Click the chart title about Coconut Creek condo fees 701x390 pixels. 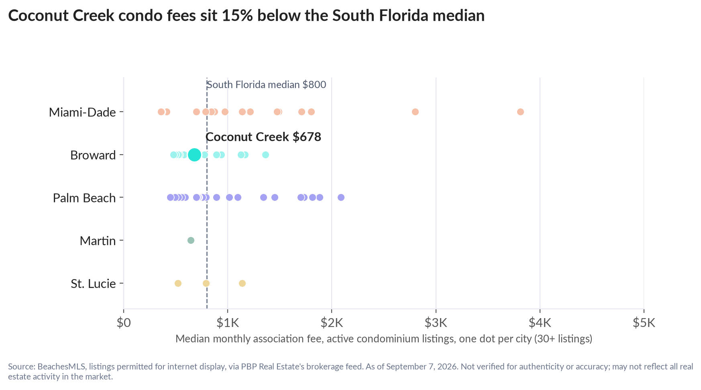point(247,16)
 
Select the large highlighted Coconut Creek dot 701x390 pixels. point(194,155)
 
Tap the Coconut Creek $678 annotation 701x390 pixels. point(263,137)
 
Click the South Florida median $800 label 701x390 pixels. point(266,85)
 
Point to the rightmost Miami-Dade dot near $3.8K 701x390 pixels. point(520,112)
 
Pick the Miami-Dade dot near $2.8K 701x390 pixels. point(415,112)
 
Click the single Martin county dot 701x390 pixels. point(191,240)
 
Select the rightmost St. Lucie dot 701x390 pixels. point(242,283)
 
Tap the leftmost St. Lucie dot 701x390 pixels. point(178,283)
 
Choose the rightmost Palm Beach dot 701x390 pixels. point(341,197)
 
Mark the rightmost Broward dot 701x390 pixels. point(265,155)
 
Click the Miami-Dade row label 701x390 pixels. point(82,112)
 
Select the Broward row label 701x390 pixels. point(93,155)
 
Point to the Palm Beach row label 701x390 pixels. point(84,198)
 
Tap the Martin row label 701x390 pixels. point(98,241)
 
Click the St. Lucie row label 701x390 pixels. point(94,284)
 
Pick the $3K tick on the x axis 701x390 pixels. point(436,323)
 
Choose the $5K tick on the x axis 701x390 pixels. point(644,323)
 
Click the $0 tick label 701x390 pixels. point(124,323)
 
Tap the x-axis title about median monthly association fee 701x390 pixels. point(384,339)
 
